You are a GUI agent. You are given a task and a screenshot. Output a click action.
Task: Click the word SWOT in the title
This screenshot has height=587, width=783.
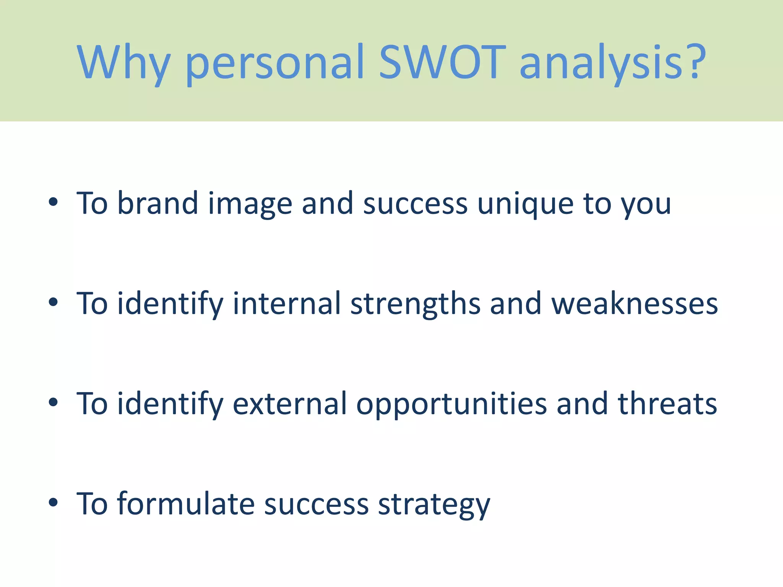click(x=442, y=62)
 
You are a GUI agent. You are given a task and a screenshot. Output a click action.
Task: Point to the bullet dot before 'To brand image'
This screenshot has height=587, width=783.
click(x=53, y=202)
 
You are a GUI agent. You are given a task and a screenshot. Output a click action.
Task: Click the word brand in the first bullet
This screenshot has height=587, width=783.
click(x=157, y=203)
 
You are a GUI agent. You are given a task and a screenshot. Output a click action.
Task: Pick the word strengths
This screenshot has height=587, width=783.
click(x=415, y=304)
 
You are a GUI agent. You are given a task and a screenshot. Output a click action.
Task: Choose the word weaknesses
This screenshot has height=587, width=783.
click(x=634, y=304)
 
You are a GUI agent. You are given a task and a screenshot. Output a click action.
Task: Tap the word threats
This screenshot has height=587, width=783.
click(x=667, y=404)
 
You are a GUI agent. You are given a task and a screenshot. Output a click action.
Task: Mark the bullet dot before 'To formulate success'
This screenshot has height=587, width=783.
click(x=53, y=503)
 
